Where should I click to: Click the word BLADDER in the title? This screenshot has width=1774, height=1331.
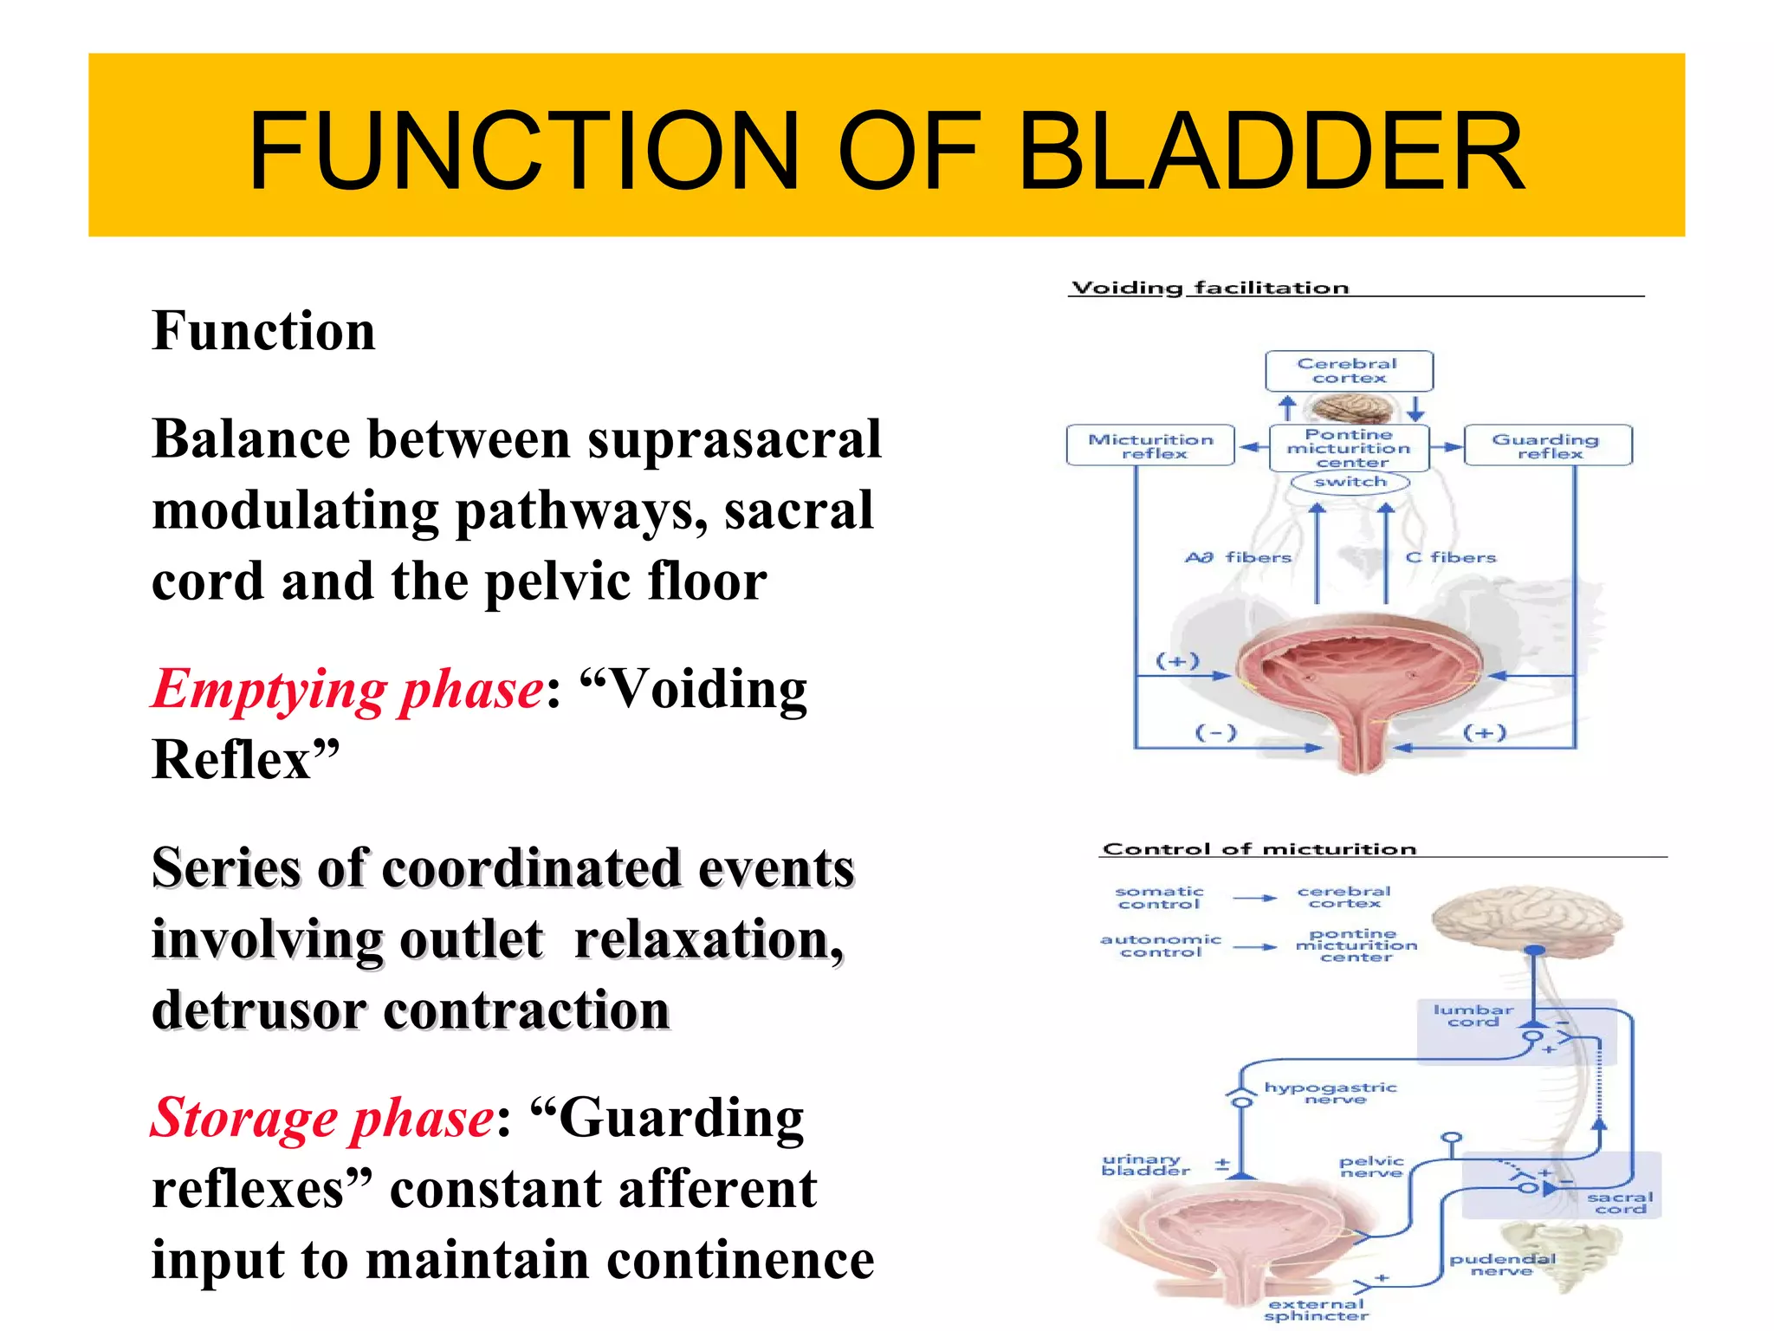pos(1271,151)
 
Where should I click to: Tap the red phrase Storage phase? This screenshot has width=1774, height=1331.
pos(323,1119)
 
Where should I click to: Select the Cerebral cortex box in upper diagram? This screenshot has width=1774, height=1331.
pos(1349,371)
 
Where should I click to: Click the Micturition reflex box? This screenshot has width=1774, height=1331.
pos(1150,445)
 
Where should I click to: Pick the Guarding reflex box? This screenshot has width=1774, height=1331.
pos(1547,445)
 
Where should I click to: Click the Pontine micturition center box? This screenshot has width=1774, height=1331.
pos(1349,448)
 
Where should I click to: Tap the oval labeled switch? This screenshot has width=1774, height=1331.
pos(1350,482)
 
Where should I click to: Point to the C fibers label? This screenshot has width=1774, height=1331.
pos(1451,557)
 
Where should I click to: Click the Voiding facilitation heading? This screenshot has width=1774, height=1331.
pos(1210,288)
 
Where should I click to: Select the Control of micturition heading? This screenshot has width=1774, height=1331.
pos(1259,848)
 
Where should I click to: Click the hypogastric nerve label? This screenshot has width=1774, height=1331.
pos(1331,1093)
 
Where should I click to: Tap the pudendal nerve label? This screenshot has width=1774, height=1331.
pos(1502,1264)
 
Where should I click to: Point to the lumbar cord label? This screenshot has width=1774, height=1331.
pos(1473,1016)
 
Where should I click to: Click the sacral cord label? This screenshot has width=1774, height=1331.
pos(1620,1203)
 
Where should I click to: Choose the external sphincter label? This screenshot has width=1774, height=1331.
pos(1317,1309)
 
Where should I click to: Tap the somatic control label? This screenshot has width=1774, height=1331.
pos(1159,897)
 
